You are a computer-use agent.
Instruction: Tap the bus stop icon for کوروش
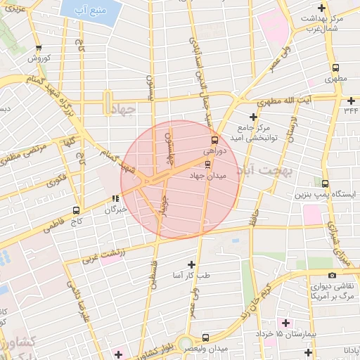click(38, 48)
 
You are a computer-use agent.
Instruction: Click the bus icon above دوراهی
click(214, 139)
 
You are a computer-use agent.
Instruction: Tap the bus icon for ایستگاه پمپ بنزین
click(324, 182)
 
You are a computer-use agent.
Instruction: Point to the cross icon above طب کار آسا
click(191, 264)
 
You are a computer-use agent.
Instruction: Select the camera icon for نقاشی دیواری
click(332, 276)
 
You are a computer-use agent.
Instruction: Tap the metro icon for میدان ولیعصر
click(205, 337)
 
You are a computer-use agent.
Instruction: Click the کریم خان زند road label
click(257, 290)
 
